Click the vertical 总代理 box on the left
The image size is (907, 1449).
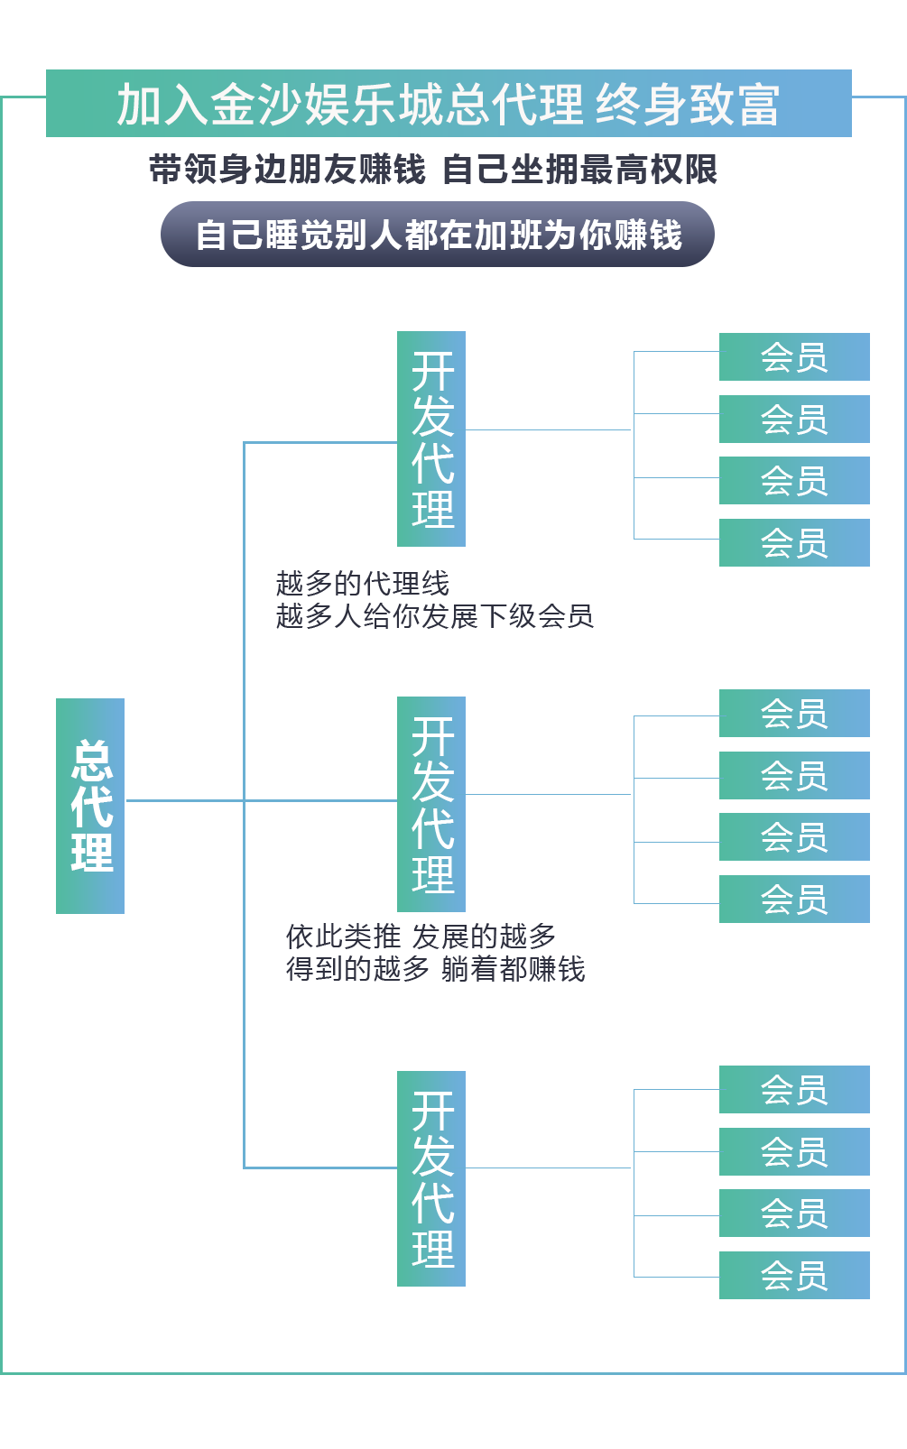[x=93, y=805]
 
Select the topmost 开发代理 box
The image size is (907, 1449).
[x=432, y=439]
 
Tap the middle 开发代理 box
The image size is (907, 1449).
[x=432, y=804]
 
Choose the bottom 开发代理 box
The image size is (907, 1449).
[x=432, y=1178]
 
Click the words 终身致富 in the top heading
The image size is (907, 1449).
[x=688, y=106]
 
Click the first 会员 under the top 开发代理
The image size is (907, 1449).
[x=794, y=358]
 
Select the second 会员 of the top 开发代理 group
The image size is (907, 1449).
[x=794, y=420]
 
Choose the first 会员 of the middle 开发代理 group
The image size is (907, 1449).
[x=794, y=715]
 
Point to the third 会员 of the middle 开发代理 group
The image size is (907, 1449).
[x=794, y=838]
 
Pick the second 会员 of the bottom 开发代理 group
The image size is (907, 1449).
[x=794, y=1153]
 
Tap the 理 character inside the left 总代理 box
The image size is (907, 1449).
[x=93, y=853]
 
